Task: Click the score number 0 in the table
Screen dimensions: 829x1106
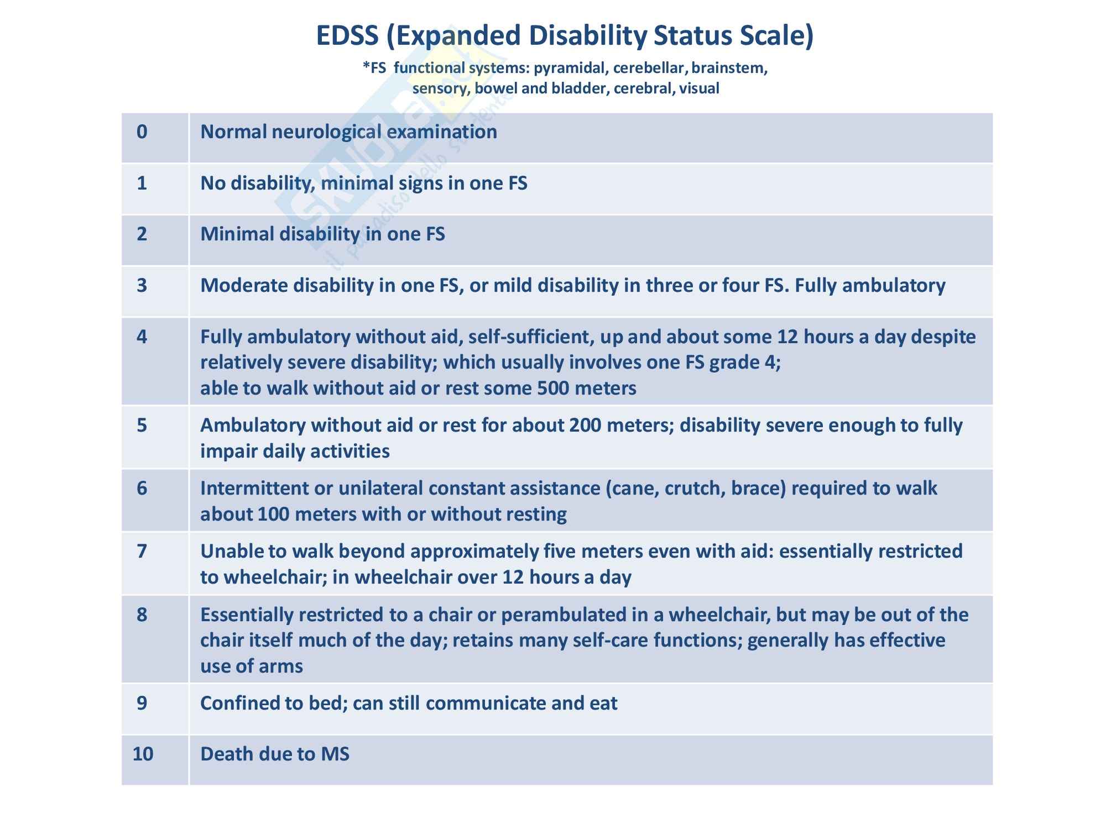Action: pos(142,132)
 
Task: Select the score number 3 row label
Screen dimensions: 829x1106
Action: pos(142,285)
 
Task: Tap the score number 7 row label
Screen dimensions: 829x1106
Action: pos(142,551)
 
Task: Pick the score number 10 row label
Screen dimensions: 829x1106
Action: pos(143,754)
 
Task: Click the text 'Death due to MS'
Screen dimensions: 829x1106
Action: pos(275,754)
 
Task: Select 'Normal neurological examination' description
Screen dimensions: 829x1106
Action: pos(348,132)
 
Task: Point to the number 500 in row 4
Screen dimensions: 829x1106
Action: pos(553,388)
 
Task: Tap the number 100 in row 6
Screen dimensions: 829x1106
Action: pos(273,514)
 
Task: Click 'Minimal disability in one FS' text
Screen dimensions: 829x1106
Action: pos(322,234)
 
